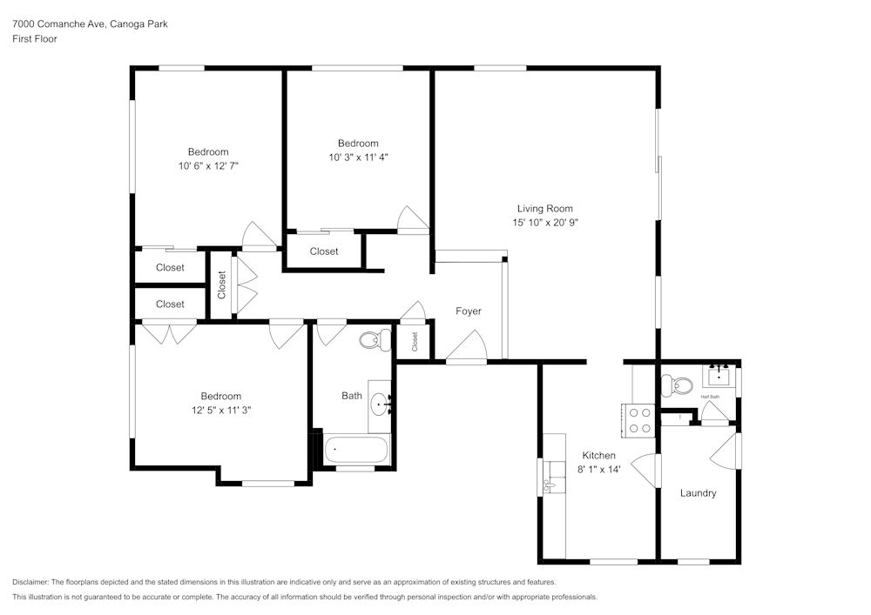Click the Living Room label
point(544,209)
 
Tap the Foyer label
point(468,311)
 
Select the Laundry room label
point(698,493)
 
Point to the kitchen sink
point(551,486)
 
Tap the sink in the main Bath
point(381,404)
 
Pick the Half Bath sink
point(719,376)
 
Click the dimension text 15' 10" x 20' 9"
point(545,223)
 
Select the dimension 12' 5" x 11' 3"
point(220,410)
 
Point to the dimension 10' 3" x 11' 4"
point(358,157)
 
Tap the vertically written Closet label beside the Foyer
point(415,341)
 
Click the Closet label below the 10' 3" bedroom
point(324,251)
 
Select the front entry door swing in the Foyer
point(468,348)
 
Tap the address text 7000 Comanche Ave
point(60,24)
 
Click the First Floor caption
point(35,39)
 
